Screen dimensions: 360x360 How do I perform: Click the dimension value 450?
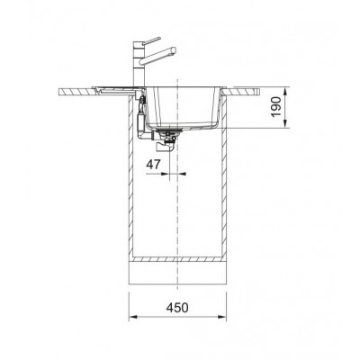point(177,308)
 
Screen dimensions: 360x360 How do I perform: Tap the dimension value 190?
point(276,107)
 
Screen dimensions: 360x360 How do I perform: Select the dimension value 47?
point(153,165)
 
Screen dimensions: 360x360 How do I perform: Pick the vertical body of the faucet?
point(139,65)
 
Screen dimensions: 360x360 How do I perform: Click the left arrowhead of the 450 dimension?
point(132,317)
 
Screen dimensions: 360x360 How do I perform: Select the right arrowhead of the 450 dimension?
point(222,317)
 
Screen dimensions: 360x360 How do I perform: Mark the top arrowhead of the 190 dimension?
point(285,91)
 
